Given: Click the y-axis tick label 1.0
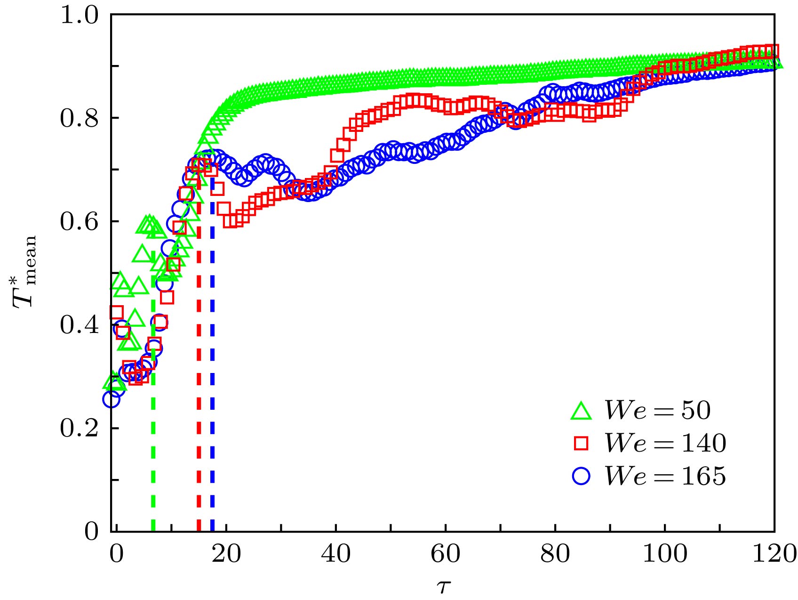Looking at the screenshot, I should tap(79, 16).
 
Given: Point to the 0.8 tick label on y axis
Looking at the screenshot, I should tap(79, 119).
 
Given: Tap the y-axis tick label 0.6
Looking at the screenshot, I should tap(79, 222).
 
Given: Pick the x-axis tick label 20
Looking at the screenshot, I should tap(226, 554).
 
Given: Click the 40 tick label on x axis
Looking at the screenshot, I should tap(335, 554).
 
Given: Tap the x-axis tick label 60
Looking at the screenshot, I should tap(445, 554).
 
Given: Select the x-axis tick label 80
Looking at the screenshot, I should tap(555, 554).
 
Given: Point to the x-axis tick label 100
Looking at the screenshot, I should tap(664, 554).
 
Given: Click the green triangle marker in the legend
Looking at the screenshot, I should tap(581, 411).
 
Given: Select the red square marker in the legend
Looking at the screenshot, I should tap(581, 444).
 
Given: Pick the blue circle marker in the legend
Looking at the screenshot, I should tap(581, 476).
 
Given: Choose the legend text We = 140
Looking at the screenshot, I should tap(665, 443).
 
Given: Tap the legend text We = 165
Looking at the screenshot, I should tap(665, 476).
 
